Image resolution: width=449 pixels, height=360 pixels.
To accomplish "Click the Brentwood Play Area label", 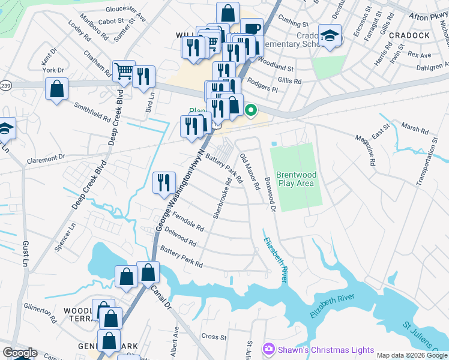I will (x=295, y=179).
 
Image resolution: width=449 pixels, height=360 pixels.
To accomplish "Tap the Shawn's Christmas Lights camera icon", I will (x=268, y=349).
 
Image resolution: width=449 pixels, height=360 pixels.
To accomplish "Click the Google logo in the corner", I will (x=19, y=353).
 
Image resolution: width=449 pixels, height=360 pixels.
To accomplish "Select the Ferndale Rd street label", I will (x=188, y=221).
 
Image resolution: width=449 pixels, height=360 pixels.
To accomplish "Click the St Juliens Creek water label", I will (x=423, y=336).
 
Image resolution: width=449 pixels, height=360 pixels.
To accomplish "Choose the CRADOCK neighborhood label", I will (x=409, y=35).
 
